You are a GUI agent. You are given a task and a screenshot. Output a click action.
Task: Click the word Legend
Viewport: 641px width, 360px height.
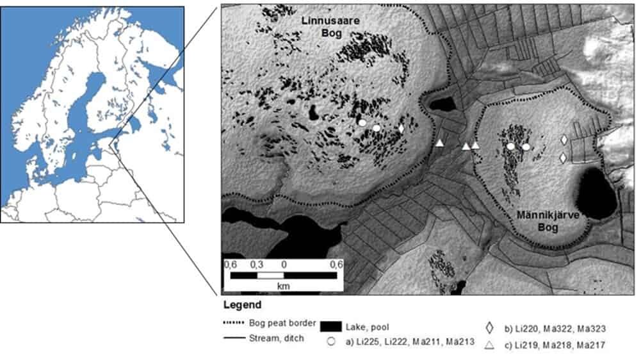[x=243, y=305]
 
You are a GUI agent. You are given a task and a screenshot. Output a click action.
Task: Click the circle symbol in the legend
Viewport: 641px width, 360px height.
[x=331, y=342]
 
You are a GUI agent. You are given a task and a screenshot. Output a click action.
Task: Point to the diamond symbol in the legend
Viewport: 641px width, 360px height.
[x=490, y=328]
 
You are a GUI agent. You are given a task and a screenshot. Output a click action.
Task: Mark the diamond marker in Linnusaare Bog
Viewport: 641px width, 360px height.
[x=401, y=128]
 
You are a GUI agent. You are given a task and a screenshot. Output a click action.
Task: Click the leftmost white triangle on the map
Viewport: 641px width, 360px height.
[x=440, y=143]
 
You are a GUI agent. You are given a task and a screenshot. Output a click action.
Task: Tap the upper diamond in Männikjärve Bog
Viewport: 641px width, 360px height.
[x=564, y=140]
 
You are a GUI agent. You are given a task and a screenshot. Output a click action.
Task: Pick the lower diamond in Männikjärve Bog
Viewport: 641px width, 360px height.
[x=564, y=158]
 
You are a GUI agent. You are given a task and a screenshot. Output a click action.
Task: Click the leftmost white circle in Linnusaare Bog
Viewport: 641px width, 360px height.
[x=362, y=122]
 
